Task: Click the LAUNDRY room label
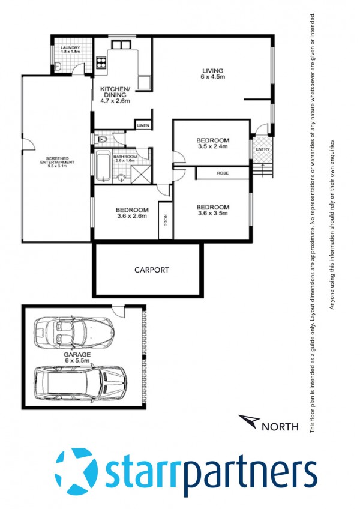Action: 70,48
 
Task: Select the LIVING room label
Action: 212,70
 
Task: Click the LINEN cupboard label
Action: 143,125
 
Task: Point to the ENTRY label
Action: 263,149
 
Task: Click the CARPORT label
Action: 152,270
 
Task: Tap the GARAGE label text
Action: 77,355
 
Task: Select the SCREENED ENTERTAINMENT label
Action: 57,160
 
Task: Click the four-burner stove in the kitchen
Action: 101,62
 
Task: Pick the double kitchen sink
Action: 121,44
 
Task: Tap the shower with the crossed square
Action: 141,174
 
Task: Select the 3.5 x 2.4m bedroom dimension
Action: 212,146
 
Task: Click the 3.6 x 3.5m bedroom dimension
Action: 212,213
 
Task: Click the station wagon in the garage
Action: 80,382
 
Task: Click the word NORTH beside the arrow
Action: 280,427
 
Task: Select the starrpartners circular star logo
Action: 76,471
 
